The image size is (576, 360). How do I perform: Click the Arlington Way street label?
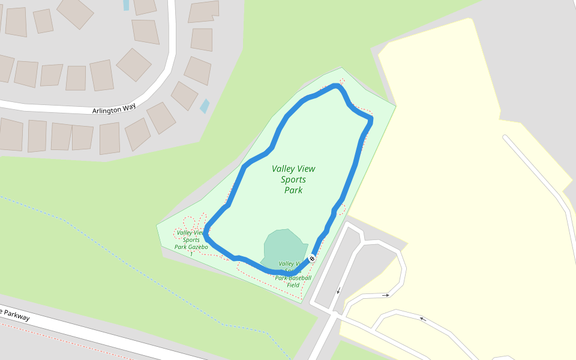click(x=114, y=109)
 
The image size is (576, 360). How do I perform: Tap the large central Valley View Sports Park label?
click(x=293, y=179)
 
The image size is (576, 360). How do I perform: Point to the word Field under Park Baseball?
click(x=293, y=285)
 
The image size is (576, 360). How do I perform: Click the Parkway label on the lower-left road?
click(x=15, y=314)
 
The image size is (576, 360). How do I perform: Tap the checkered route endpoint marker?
click(x=312, y=259)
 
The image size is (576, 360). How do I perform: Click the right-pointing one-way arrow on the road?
click(x=386, y=295)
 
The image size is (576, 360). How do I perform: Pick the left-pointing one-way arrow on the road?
click(x=422, y=319)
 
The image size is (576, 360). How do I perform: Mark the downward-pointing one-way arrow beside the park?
click(x=338, y=291)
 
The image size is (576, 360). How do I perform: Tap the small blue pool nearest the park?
click(x=205, y=106)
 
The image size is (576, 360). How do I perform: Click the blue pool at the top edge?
click(x=126, y=5)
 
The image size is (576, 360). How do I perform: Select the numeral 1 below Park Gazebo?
click(x=191, y=254)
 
